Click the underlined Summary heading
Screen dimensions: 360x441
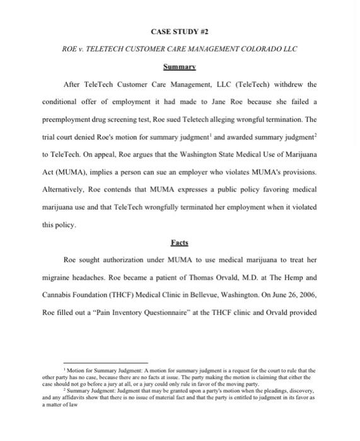180,66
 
